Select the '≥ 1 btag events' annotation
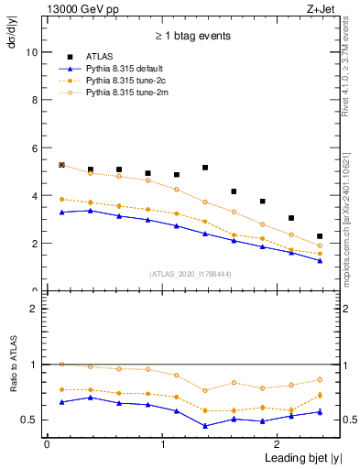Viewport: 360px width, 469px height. tap(192, 37)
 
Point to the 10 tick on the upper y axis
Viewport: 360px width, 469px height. tap(32, 52)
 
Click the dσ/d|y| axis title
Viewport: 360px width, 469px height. tap(12, 46)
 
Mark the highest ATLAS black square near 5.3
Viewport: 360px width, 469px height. tap(61, 165)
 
